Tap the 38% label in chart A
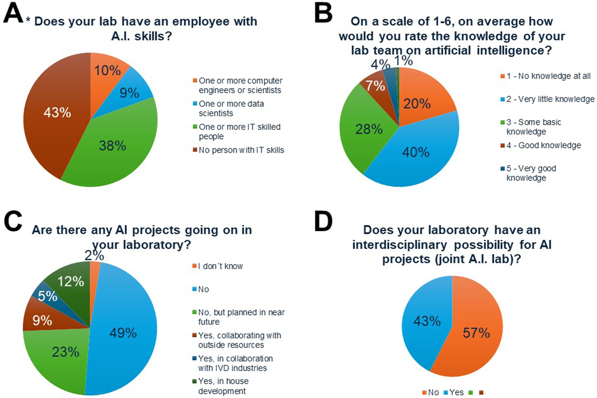(x=113, y=146)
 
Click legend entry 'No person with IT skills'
(x=241, y=150)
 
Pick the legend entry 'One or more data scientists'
(x=231, y=108)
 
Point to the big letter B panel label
(x=323, y=13)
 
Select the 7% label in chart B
(x=375, y=86)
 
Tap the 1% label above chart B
(x=403, y=61)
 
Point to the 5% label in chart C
(x=48, y=296)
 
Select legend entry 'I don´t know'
(x=220, y=266)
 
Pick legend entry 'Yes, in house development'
(x=223, y=386)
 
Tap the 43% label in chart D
(x=427, y=321)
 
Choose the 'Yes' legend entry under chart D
(x=456, y=392)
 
